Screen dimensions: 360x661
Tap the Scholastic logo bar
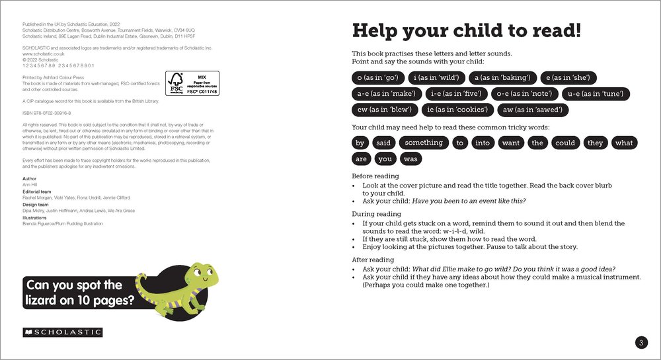coord(62,332)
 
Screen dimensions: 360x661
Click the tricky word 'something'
coord(424,142)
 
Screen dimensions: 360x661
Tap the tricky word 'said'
coord(383,142)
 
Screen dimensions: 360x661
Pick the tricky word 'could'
coord(565,142)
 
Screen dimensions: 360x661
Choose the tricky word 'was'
coord(410,159)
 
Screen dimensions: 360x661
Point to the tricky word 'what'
coord(623,142)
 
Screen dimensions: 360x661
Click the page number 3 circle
coord(641,342)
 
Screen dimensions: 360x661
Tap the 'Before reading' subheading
coord(375,176)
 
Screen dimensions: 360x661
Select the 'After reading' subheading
coord(373,260)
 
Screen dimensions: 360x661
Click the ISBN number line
coord(47,114)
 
